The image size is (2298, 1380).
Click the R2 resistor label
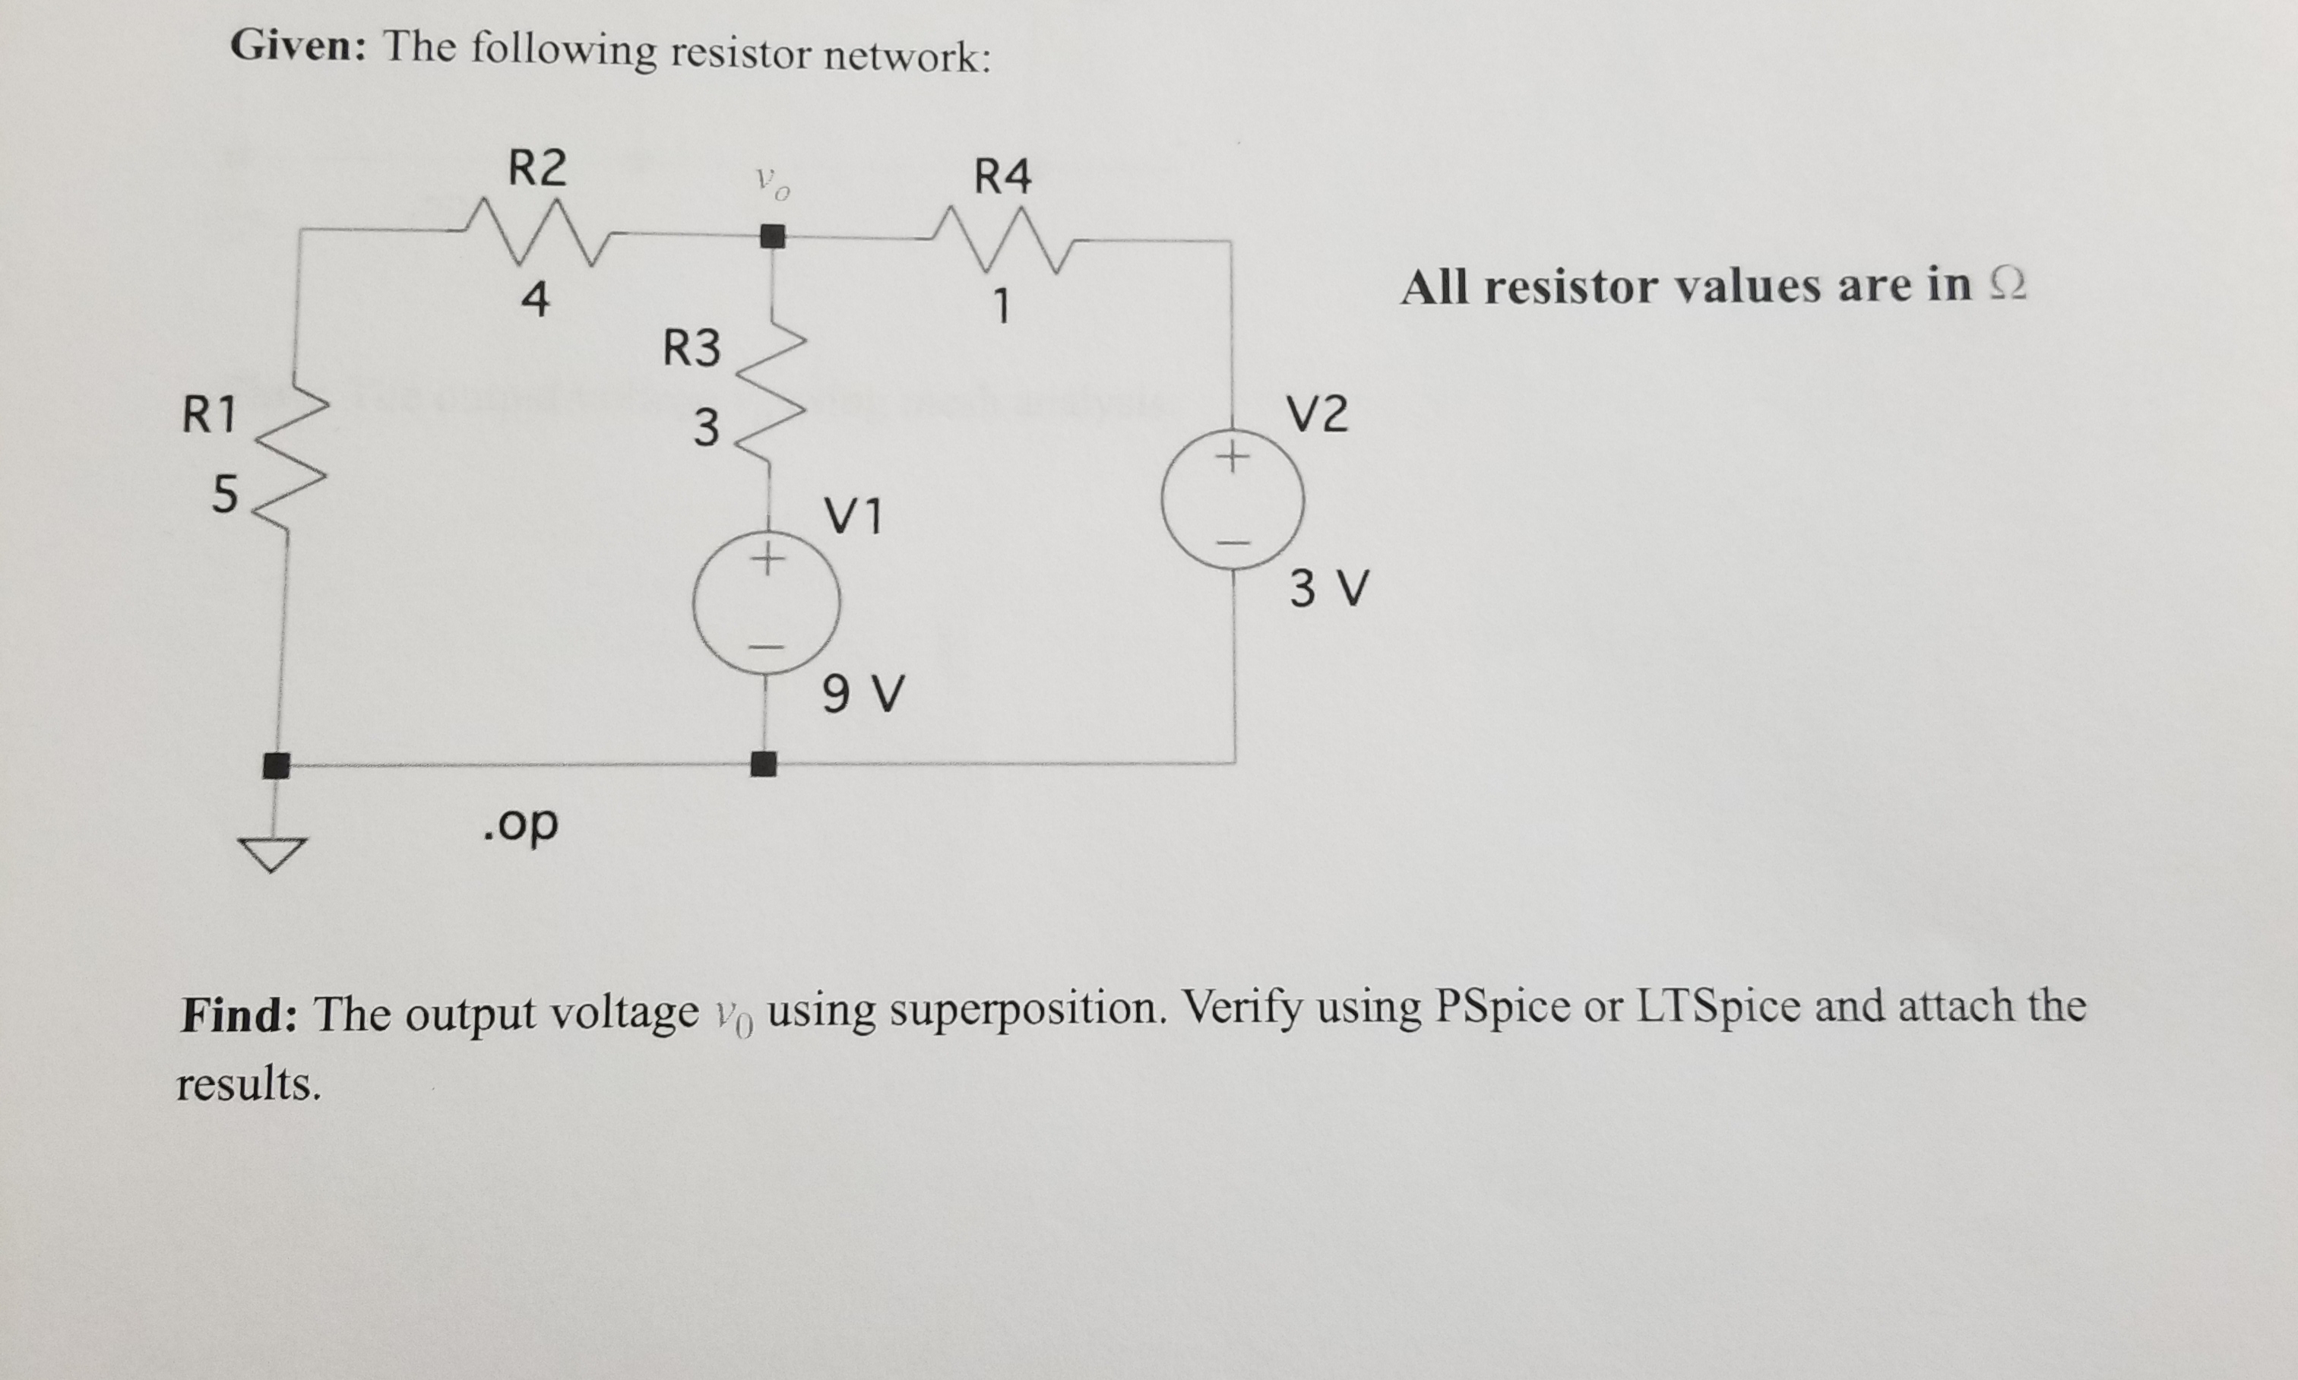[537, 168]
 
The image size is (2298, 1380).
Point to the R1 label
[208, 415]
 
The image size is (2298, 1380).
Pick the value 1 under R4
[1001, 306]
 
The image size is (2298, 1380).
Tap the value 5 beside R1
[224, 493]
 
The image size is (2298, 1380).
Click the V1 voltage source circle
[766, 603]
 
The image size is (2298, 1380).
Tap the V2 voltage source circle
[1233, 499]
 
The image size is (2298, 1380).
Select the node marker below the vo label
[772, 236]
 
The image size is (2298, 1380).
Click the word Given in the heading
[299, 45]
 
